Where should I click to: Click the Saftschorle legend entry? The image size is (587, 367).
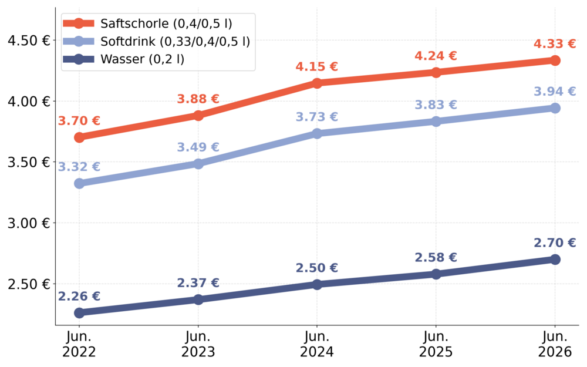pos(147,23)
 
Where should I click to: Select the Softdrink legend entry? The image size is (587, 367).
pos(157,41)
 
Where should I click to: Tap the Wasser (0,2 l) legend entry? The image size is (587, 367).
pos(123,59)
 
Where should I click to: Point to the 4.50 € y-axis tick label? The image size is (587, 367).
pos(28,41)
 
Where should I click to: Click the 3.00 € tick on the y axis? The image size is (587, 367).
pos(28,223)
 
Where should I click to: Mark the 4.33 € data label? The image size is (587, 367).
pos(555,44)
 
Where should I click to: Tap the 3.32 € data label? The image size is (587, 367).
pos(79,167)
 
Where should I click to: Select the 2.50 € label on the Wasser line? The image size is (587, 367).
pos(317,268)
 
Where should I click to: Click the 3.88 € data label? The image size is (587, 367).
pos(198,99)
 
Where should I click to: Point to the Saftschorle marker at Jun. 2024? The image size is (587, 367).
pos(317,83)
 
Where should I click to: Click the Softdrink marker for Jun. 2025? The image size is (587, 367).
pos(436,122)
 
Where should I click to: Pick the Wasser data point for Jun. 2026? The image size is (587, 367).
pos(555,259)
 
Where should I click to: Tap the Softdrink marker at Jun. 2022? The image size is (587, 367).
pos(79,183)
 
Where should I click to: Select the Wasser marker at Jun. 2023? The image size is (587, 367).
pos(198,299)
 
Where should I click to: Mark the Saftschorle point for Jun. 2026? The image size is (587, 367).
pos(555,60)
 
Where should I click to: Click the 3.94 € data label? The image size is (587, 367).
pos(555,92)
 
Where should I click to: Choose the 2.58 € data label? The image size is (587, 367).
pos(436,258)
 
